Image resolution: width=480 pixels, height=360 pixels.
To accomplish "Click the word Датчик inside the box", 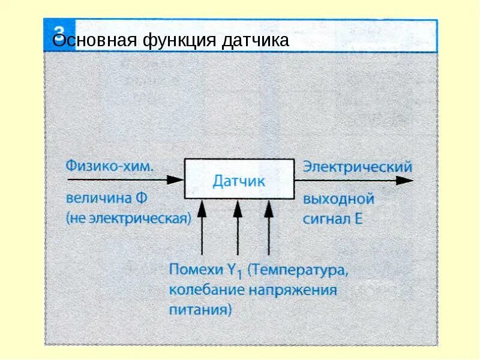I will point(239,180).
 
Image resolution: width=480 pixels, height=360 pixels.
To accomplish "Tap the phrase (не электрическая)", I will point(128,217).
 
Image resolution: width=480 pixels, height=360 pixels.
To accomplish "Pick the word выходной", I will point(339,199).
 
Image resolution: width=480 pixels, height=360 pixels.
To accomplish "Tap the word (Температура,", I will point(298,271).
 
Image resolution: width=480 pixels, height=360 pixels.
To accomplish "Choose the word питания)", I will point(200,310).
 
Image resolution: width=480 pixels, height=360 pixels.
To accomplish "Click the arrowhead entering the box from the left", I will point(176,179).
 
